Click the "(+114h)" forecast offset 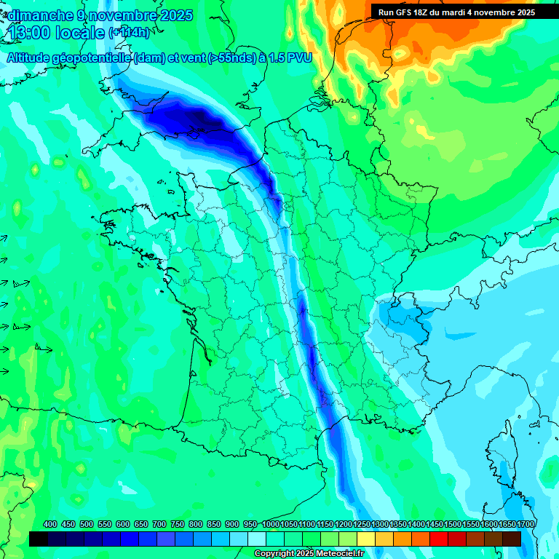pos(130,33)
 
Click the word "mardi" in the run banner pos(466,12)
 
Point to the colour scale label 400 pos(50,525)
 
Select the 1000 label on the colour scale pos(271,525)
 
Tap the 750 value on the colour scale pos(178,525)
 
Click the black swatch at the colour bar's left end pos(39,539)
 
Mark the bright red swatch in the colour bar pos(438,539)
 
